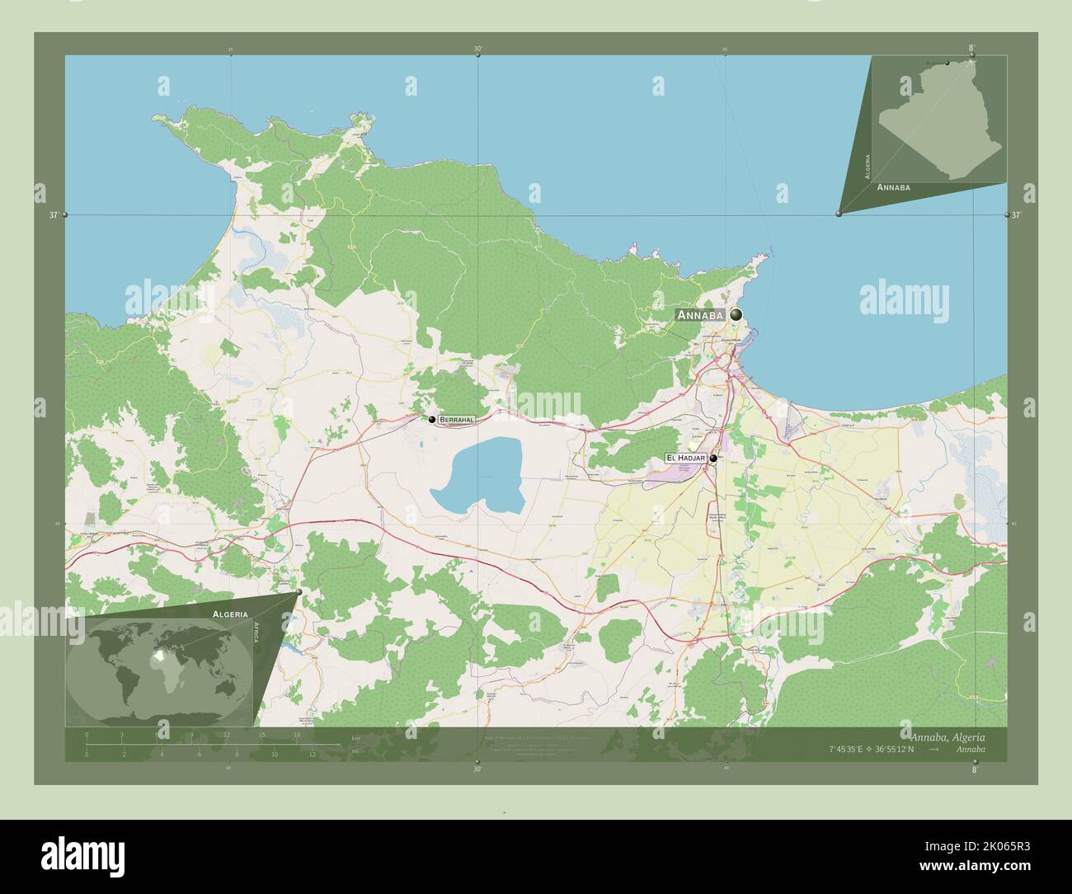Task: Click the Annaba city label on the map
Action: [700, 315]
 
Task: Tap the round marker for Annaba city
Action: [735, 314]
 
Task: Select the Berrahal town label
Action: [457, 420]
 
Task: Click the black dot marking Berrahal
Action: [431, 420]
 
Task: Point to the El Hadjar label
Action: [680, 458]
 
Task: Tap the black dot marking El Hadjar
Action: [713, 459]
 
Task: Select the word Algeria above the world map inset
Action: [230, 614]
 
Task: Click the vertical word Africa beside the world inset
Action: [256, 637]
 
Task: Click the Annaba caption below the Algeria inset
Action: [894, 188]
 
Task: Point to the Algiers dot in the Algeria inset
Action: [947, 63]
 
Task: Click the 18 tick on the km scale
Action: [296, 734]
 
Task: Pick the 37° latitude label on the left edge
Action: [54, 215]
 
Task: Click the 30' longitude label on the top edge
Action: [477, 49]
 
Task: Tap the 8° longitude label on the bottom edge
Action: [973, 770]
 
